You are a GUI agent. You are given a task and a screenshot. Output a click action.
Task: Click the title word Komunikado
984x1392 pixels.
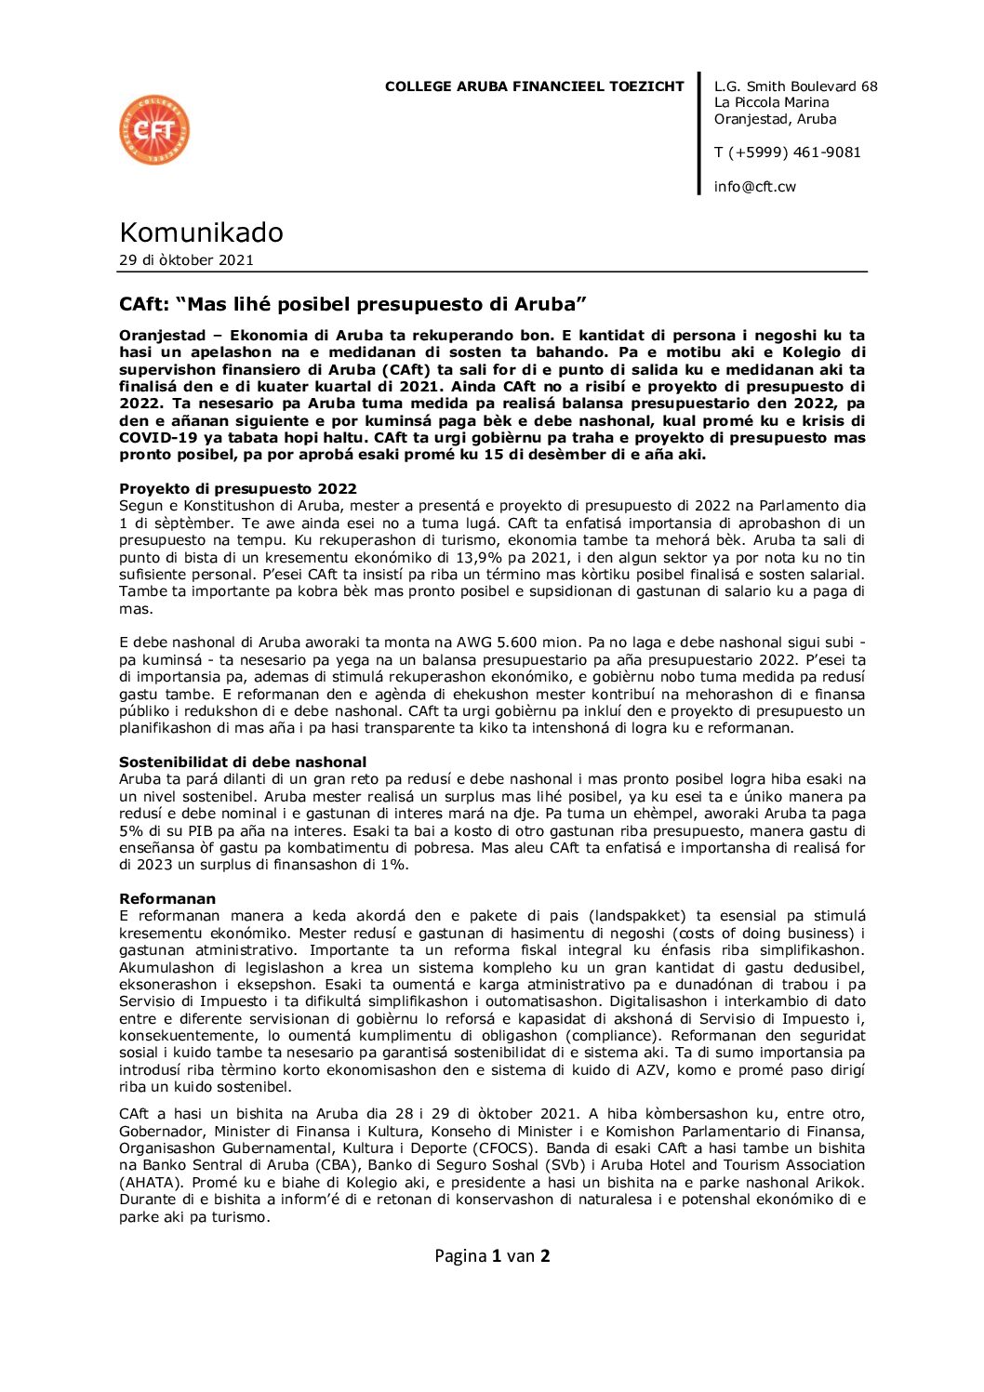pos(201,232)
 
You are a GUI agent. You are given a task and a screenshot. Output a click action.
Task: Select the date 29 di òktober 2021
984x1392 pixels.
pos(186,260)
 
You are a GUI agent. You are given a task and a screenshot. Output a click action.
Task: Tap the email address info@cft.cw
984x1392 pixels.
pos(754,187)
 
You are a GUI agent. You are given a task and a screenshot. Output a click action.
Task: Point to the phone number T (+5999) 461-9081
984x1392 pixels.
pos(787,152)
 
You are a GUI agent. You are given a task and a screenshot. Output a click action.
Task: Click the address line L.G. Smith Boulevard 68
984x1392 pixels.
pos(795,86)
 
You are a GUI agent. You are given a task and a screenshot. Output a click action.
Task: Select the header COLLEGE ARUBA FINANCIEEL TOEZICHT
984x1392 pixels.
pos(534,86)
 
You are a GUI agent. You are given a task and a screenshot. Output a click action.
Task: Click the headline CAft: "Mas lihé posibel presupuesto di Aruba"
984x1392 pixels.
pos(352,304)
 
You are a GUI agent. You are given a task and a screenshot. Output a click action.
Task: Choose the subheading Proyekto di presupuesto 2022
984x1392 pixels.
pos(237,489)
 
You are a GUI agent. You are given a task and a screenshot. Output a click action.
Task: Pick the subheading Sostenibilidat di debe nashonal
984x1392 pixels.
pos(243,762)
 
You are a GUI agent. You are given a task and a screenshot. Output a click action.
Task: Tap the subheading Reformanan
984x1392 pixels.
pos(167,899)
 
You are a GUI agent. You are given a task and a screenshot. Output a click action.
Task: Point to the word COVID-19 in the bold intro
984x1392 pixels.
pos(154,438)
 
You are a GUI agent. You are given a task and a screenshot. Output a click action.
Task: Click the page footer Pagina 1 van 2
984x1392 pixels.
pos(492,1256)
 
